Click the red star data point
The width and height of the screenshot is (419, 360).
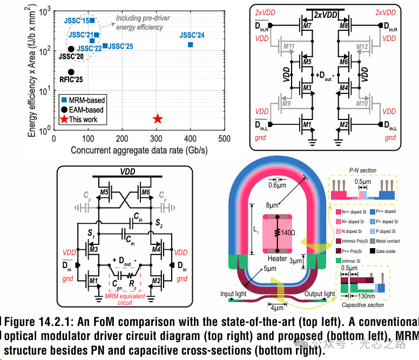(x=158, y=119)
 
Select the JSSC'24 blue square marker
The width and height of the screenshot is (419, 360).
(x=191, y=44)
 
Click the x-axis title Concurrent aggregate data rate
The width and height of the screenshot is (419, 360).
(x=139, y=150)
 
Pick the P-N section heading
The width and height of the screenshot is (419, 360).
(x=363, y=170)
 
